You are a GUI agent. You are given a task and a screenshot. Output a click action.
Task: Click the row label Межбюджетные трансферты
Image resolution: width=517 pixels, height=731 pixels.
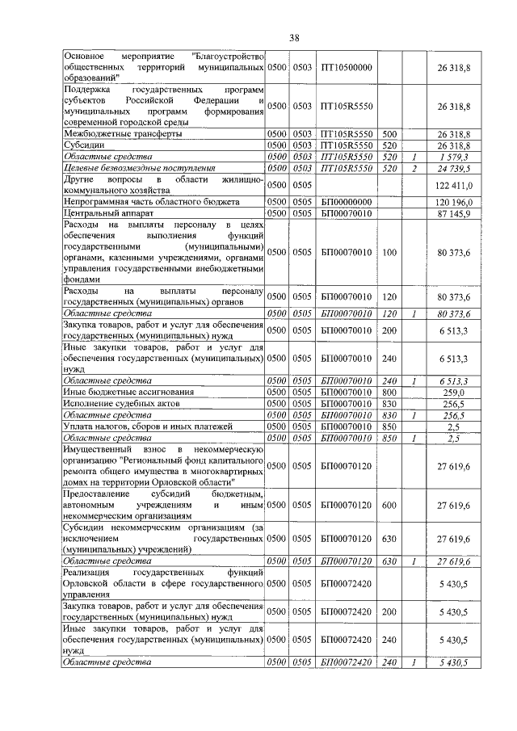[122, 133]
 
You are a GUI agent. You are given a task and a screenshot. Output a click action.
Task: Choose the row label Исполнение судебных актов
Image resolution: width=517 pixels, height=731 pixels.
[116, 402]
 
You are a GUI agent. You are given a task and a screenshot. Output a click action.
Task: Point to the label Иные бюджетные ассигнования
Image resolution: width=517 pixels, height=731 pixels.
[120, 391]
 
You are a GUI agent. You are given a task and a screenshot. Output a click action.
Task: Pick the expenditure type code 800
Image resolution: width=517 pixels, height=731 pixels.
[389, 391]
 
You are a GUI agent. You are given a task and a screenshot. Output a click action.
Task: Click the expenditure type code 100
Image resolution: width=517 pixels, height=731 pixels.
[389, 252]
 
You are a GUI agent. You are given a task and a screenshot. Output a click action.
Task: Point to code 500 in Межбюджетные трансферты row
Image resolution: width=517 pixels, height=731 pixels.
[389, 133]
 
